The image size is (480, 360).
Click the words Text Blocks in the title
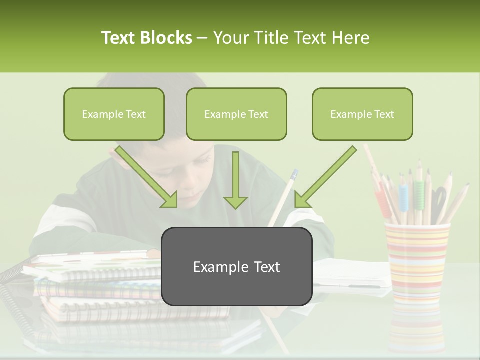(146, 38)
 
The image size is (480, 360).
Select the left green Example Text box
(114, 114)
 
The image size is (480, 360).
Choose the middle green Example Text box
(236, 114)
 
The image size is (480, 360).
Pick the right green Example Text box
(362, 114)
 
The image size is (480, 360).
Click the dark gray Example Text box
(236, 266)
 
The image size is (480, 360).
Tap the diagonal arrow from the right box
(325, 177)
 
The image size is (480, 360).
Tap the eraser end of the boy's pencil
(294, 174)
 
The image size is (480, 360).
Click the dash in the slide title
(202, 38)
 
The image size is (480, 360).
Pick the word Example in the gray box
(216, 267)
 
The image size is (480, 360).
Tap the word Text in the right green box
(383, 114)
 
